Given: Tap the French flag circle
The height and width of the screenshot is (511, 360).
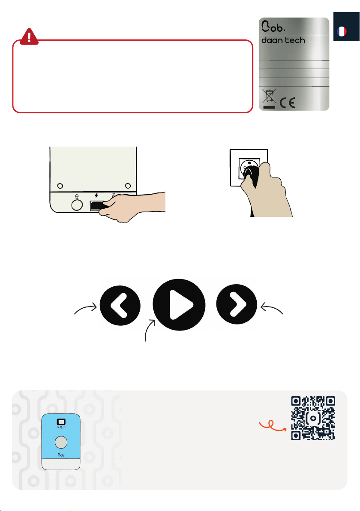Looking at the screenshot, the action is click(342, 32).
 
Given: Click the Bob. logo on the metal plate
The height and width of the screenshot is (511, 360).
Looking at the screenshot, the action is click(273, 27).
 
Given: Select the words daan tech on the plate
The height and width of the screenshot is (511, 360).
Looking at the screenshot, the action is click(283, 40).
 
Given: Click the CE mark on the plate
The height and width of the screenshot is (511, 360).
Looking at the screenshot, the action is click(287, 103).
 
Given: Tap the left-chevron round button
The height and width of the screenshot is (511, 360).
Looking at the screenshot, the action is click(120, 305).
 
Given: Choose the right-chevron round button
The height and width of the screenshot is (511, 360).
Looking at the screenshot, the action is click(237, 304).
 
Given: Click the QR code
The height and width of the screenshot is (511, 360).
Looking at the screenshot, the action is click(313, 418).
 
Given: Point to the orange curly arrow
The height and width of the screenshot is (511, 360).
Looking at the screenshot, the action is click(273, 425).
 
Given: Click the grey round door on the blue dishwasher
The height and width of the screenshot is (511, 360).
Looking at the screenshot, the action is click(61, 442).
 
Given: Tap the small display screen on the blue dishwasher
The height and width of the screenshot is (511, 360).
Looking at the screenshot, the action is click(61, 422).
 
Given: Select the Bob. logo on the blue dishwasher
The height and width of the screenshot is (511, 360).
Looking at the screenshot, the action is click(61, 454).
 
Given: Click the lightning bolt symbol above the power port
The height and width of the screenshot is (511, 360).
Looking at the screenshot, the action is click(96, 196).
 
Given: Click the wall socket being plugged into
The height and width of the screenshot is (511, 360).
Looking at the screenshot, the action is click(249, 168).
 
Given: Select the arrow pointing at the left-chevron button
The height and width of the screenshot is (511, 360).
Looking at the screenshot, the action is click(85, 308).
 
